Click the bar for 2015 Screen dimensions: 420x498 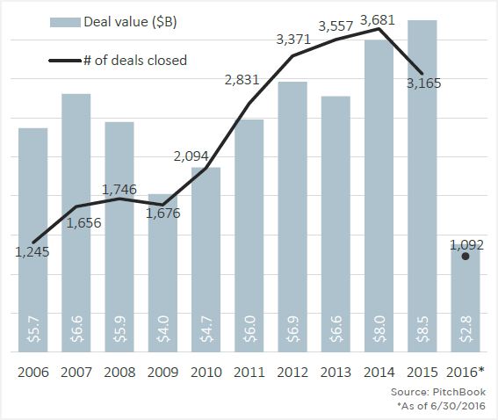(x=422, y=185)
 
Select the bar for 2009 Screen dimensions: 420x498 (x=162, y=272)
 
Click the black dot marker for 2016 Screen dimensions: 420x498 (x=466, y=257)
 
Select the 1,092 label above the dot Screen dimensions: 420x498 (x=466, y=244)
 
